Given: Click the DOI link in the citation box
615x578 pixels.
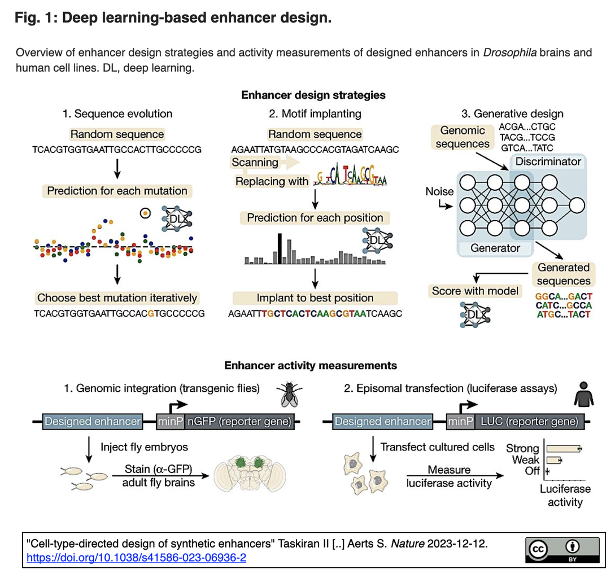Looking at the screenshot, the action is (x=137, y=557).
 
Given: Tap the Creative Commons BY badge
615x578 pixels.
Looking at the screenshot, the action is (x=562, y=550).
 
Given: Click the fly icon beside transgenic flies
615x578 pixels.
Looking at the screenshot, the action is (x=289, y=394).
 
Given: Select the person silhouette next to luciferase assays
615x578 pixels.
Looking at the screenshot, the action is (x=583, y=394).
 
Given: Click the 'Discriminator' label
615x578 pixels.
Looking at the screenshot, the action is (x=548, y=161).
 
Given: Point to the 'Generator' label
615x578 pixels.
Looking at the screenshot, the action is (x=495, y=248).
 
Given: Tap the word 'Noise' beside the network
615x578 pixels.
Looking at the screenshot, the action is (x=439, y=191).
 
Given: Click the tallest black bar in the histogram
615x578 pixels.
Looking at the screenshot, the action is (x=280, y=248).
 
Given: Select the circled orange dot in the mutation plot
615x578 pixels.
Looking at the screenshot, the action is (x=146, y=213).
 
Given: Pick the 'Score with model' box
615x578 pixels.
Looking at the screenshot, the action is (x=475, y=291).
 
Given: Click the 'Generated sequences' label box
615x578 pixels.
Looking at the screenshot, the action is (x=564, y=274).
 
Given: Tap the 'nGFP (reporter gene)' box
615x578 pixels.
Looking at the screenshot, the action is (x=239, y=422).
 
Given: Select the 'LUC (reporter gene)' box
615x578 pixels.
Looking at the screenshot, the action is (x=530, y=422).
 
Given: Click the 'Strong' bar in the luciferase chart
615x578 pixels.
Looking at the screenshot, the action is (x=564, y=449).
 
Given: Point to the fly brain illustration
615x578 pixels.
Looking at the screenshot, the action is (x=250, y=474).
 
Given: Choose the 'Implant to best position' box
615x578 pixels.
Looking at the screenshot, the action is (x=315, y=298).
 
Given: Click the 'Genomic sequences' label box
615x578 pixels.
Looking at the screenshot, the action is (x=463, y=137).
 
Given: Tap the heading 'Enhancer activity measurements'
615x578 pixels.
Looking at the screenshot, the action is (x=311, y=365).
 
